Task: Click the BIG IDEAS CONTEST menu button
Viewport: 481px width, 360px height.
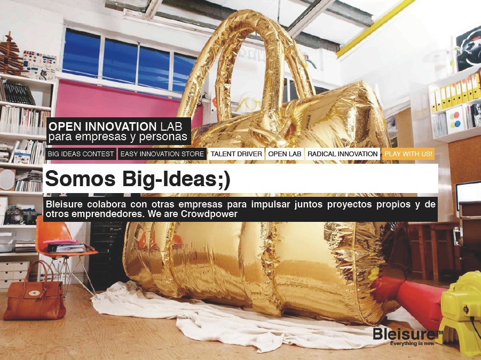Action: (81, 154)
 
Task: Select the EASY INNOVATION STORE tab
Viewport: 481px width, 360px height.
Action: (162, 154)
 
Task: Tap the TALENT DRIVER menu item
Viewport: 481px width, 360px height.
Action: (236, 154)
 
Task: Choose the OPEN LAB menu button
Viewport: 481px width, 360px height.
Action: (285, 154)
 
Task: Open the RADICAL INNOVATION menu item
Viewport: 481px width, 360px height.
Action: (342, 154)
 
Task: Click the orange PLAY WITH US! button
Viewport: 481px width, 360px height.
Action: (408, 154)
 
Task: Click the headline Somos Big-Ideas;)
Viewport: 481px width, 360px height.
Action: (137, 179)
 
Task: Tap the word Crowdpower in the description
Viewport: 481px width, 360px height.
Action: (209, 214)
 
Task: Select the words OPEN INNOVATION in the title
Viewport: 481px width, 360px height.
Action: (102, 126)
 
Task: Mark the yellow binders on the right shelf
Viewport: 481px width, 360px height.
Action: (456, 92)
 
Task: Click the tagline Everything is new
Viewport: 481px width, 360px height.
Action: (412, 343)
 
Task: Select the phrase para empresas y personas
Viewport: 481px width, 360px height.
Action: (118, 137)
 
